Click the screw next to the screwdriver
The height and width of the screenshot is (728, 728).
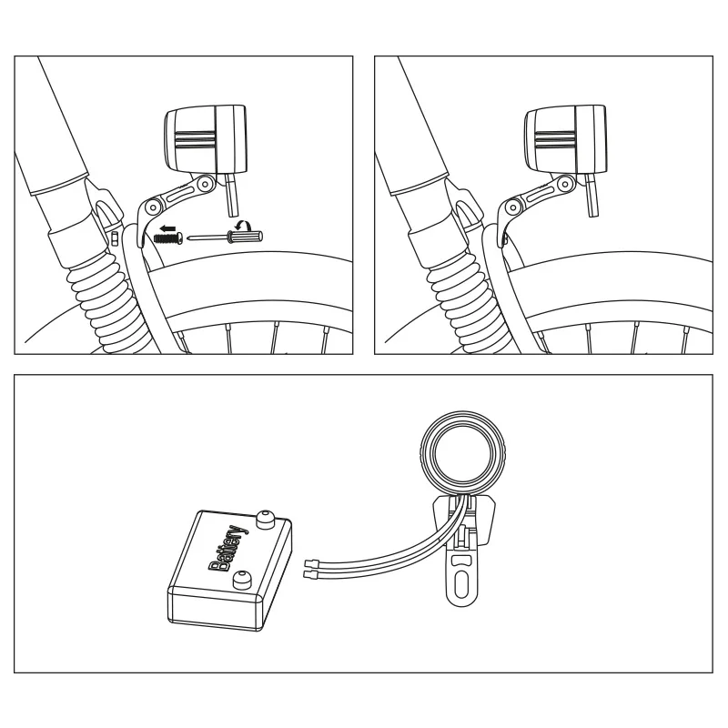click(x=167, y=238)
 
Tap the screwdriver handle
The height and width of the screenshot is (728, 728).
click(x=245, y=237)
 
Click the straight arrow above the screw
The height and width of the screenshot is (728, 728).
click(x=167, y=228)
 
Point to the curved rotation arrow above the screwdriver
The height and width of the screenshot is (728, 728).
click(x=243, y=225)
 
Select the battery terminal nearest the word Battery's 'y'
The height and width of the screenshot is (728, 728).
click(x=265, y=520)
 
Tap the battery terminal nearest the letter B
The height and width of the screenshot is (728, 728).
click(x=240, y=580)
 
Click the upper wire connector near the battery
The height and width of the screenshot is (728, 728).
click(x=310, y=563)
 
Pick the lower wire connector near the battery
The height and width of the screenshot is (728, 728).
click(x=310, y=575)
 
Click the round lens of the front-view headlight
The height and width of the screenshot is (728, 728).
click(x=462, y=452)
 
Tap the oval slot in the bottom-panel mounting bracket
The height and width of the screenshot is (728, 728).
click(x=461, y=585)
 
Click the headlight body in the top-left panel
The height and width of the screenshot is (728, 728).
click(x=206, y=139)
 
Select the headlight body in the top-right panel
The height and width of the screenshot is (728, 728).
click(x=565, y=139)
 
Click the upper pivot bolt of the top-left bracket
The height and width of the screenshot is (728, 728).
click(x=204, y=185)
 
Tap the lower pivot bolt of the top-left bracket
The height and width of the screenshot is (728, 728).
click(x=152, y=206)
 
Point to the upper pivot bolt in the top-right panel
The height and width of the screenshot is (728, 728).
click(x=564, y=185)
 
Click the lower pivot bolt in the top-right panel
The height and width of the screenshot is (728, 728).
click(x=512, y=206)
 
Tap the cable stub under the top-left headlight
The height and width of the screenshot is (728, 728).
click(x=231, y=196)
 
